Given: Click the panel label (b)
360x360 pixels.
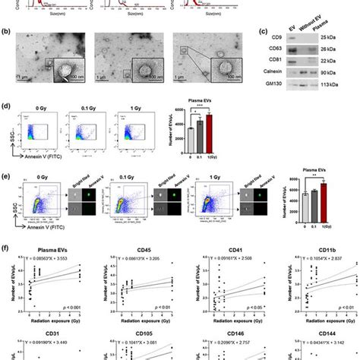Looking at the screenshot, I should tap(8, 31).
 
